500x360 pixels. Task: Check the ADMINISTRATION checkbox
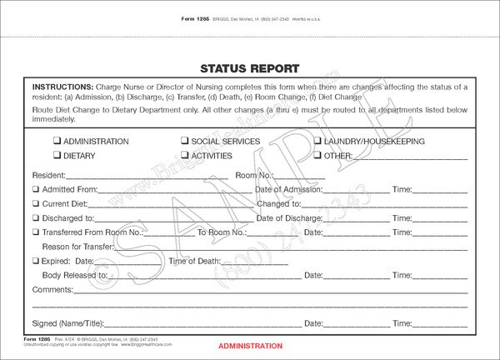click(x=57, y=142)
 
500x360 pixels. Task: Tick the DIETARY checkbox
click(x=57, y=155)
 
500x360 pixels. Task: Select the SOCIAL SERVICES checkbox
click(x=184, y=142)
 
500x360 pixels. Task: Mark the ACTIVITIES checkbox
click(x=184, y=155)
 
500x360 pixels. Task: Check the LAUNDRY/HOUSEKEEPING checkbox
click(x=318, y=142)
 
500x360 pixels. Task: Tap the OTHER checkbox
click(x=318, y=155)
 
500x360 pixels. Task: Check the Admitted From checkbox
click(x=36, y=190)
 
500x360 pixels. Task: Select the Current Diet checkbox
click(x=36, y=203)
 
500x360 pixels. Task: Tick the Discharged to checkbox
click(x=36, y=217)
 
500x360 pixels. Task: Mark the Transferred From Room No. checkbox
click(x=36, y=232)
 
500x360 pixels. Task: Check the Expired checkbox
click(x=36, y=260)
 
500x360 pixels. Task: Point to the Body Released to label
click(x=74, y=274)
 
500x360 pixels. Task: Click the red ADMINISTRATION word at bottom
click(x=249, y=345)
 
